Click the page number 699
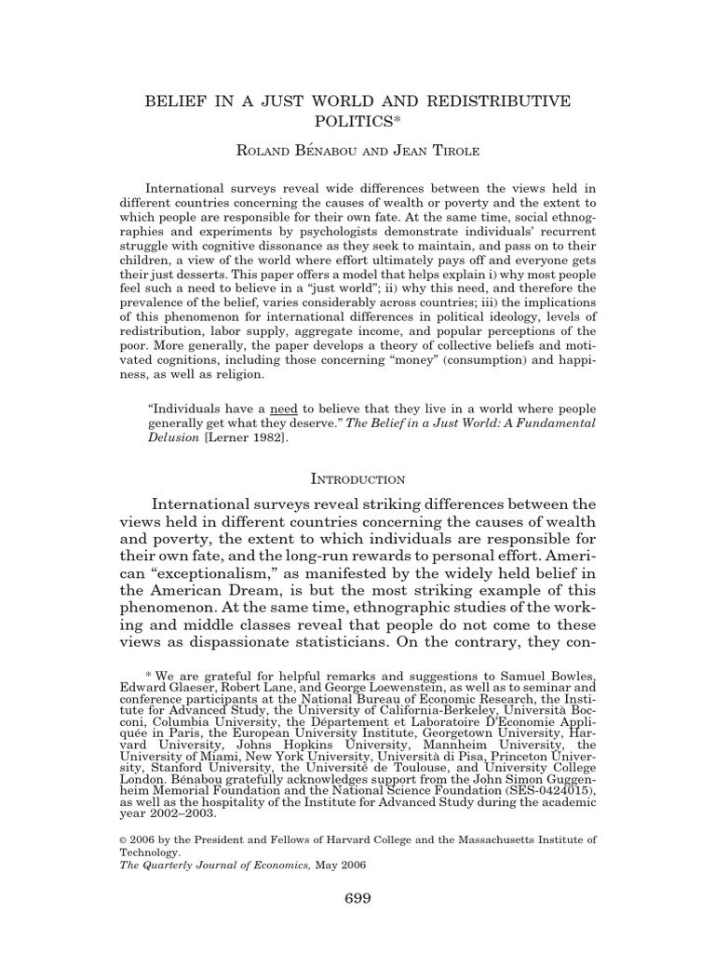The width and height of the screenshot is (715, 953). click(357, 898)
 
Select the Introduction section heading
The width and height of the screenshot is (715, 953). click(357, 479)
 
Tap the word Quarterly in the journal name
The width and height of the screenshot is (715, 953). click(173, 864)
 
